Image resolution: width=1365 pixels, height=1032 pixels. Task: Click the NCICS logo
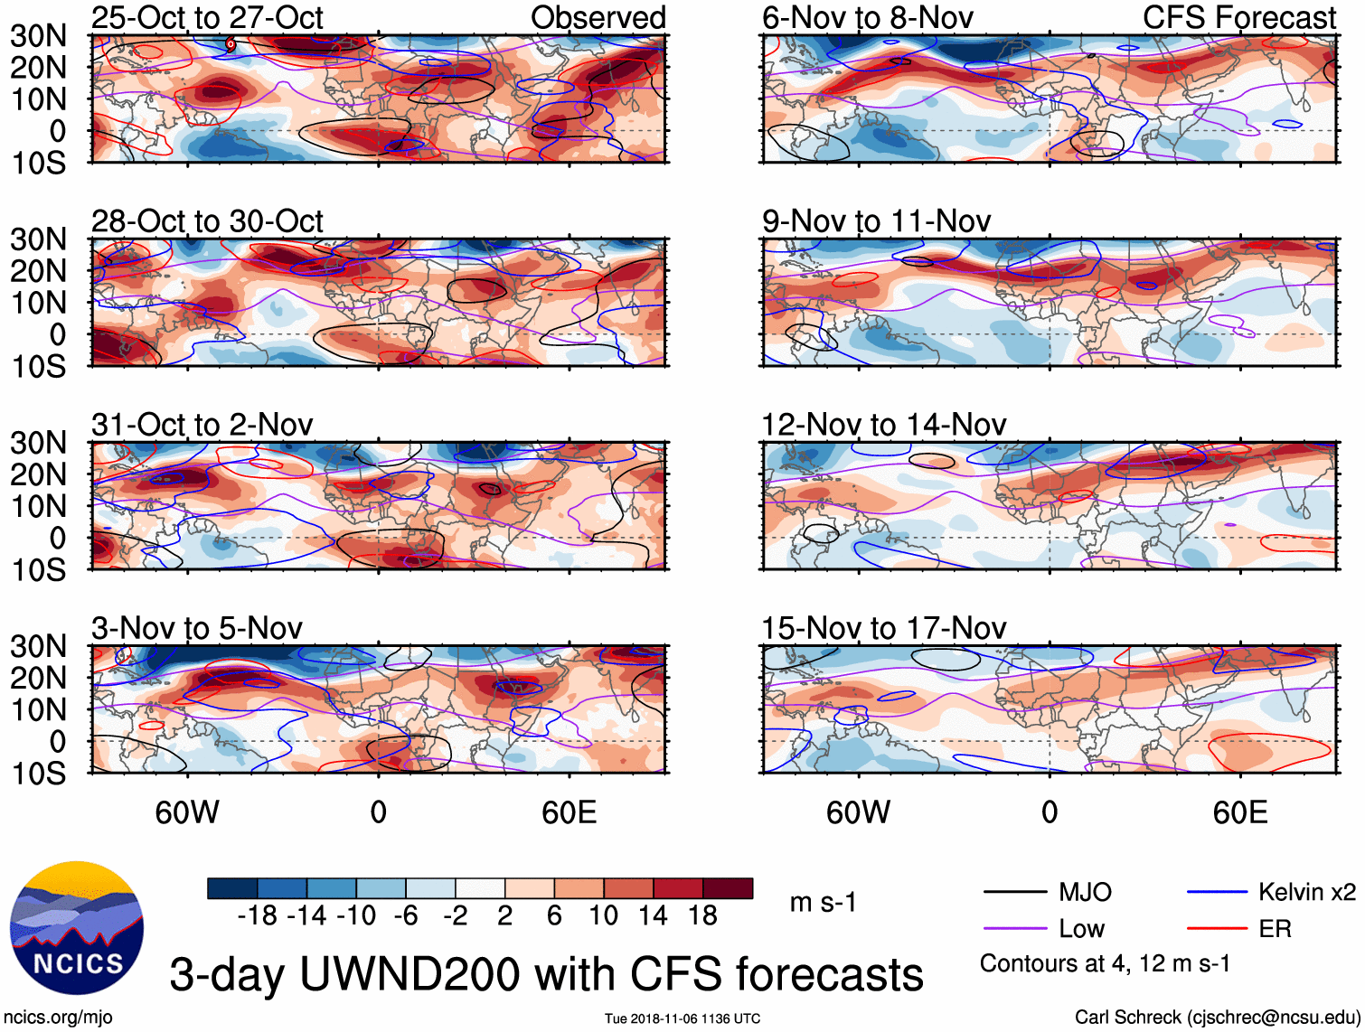tap(77, 928)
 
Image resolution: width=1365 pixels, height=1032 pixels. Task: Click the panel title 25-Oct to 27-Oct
tap(207, 18)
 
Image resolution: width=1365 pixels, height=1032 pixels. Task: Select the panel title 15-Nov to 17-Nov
tap(883, 628)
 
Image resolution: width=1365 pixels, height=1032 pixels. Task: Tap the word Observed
tap(598, 18)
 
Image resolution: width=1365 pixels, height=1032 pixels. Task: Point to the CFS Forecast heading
tap(1238, 18)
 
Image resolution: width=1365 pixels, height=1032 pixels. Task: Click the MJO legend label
tap(1085, 893)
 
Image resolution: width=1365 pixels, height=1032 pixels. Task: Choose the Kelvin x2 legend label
tap(1306, 893)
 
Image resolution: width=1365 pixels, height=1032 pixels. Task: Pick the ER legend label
tap(1275, 929)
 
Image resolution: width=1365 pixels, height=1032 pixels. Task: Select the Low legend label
tap(1081, 929)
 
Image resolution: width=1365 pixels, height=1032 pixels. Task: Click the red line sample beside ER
tap(1217, 929)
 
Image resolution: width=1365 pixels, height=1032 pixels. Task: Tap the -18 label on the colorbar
tap(257, 916)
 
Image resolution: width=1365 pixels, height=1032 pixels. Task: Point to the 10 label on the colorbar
tap(603, 916)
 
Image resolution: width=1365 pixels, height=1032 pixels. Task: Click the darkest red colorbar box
tap(728, 888)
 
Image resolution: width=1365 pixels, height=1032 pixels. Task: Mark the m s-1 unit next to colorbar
tap(823, 903)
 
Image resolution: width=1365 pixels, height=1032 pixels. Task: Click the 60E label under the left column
tap(569, 813)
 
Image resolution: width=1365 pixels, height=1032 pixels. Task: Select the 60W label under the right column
tap(858, 813)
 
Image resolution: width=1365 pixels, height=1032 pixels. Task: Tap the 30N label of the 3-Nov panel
tap(38, 647)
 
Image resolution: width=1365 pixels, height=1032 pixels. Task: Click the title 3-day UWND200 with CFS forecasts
tap(546, 974)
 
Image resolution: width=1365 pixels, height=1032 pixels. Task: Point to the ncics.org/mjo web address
tap(58, 1018)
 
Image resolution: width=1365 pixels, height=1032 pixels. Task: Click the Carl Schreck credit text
tap(1217, 1018)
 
